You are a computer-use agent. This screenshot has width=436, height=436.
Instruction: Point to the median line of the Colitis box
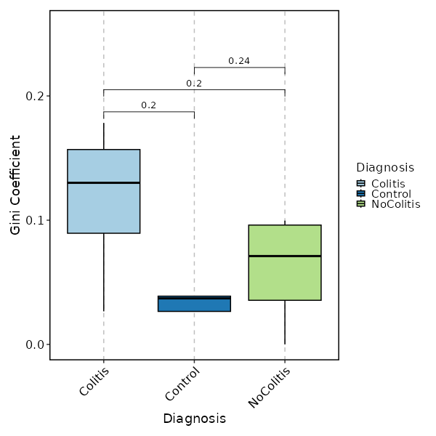[103, 182]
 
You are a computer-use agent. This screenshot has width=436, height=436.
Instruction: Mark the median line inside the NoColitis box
[285, 256]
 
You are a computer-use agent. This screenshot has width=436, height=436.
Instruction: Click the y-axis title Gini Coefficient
[15, 185]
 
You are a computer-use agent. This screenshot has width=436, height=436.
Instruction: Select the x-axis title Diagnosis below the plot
[194, 419]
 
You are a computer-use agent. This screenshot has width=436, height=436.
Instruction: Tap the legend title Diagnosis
[385, 168]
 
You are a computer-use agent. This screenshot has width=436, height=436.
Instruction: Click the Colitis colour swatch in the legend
[361, 184]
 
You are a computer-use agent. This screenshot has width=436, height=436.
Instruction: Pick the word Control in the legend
[391, 194]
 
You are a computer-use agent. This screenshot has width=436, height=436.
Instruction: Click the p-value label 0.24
[239, 61]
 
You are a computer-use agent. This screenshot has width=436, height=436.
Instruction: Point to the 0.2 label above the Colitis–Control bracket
[148, 105]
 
